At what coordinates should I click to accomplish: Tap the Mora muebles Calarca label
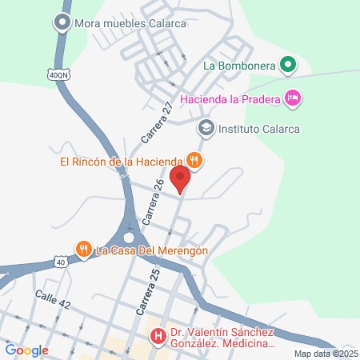130,24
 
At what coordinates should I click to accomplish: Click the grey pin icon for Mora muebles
62,24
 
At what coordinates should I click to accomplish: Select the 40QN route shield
58,74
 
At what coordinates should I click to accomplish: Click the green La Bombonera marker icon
287,64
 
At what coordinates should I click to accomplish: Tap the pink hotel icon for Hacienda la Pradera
293,98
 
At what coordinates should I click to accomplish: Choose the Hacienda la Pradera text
231,99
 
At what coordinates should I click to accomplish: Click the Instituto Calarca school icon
206,127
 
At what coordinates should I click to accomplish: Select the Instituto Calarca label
258,127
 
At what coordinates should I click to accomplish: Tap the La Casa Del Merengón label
152,250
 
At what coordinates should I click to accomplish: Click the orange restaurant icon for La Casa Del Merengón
84,250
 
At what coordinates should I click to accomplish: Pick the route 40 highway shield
61,262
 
